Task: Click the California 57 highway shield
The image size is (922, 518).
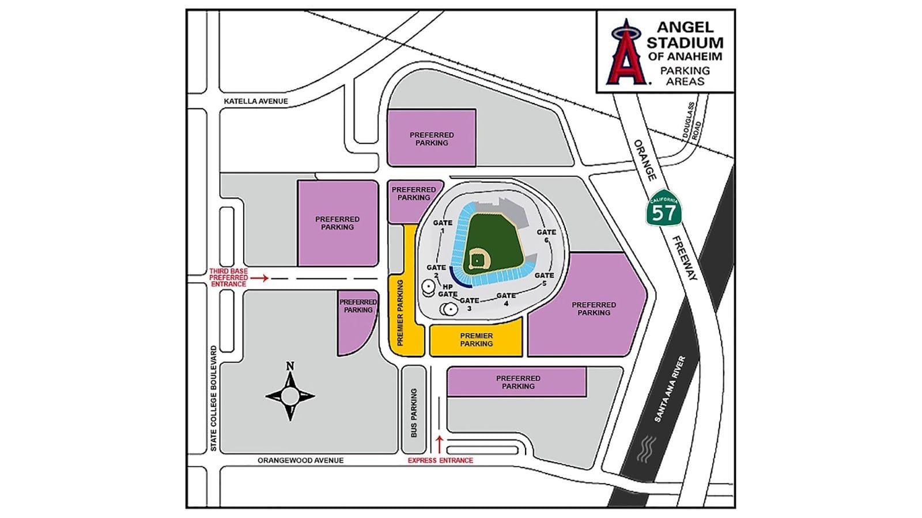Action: coord(663,208)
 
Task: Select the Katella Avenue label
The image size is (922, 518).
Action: coord(256,101)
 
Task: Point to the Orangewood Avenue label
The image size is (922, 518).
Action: coord(300,460)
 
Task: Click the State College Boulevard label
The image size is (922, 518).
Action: coord(213,398)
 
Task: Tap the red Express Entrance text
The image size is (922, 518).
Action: coord(440,460)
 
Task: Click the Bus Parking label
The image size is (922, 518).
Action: coord(414,413)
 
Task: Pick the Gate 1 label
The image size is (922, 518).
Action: coord(443,226)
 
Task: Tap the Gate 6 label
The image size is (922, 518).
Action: coord(546,236)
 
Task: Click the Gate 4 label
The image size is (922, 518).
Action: coord(506,299)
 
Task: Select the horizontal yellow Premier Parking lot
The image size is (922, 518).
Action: coord(476,340)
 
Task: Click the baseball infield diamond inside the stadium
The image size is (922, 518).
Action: coord(477,260)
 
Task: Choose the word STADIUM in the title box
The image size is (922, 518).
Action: coord(685,42)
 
